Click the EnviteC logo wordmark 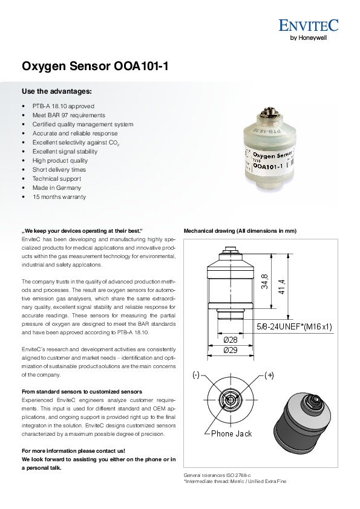coord(309,25)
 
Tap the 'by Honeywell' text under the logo coord(308,37)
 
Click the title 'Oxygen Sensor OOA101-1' coord(95,66)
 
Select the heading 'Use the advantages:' coord(56,91)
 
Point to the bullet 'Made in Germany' coord(56,187)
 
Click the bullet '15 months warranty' coord(59,196)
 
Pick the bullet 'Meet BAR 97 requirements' coord(68,115)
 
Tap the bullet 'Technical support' coord(56,178)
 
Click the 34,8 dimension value coord(265,282)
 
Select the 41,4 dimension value coord(282,287)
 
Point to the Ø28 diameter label coord(231,340)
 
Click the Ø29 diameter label coord(231,350)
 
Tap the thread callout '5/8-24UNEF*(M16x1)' coord(295,326)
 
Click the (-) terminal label coord(196,375)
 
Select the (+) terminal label coord(269,375)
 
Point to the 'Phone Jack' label coord(231,433)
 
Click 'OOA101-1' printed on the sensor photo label coord(268,166)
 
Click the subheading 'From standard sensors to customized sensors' coord(82,392)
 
